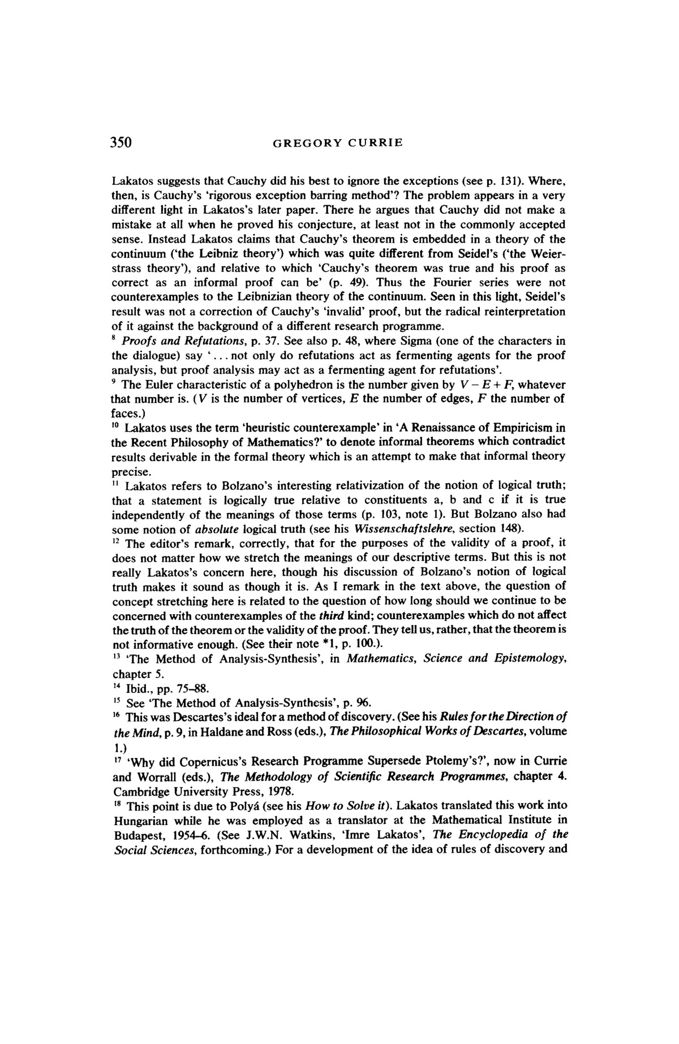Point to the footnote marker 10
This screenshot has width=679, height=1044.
(115, 426)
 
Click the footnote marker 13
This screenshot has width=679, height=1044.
(115, 657)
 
